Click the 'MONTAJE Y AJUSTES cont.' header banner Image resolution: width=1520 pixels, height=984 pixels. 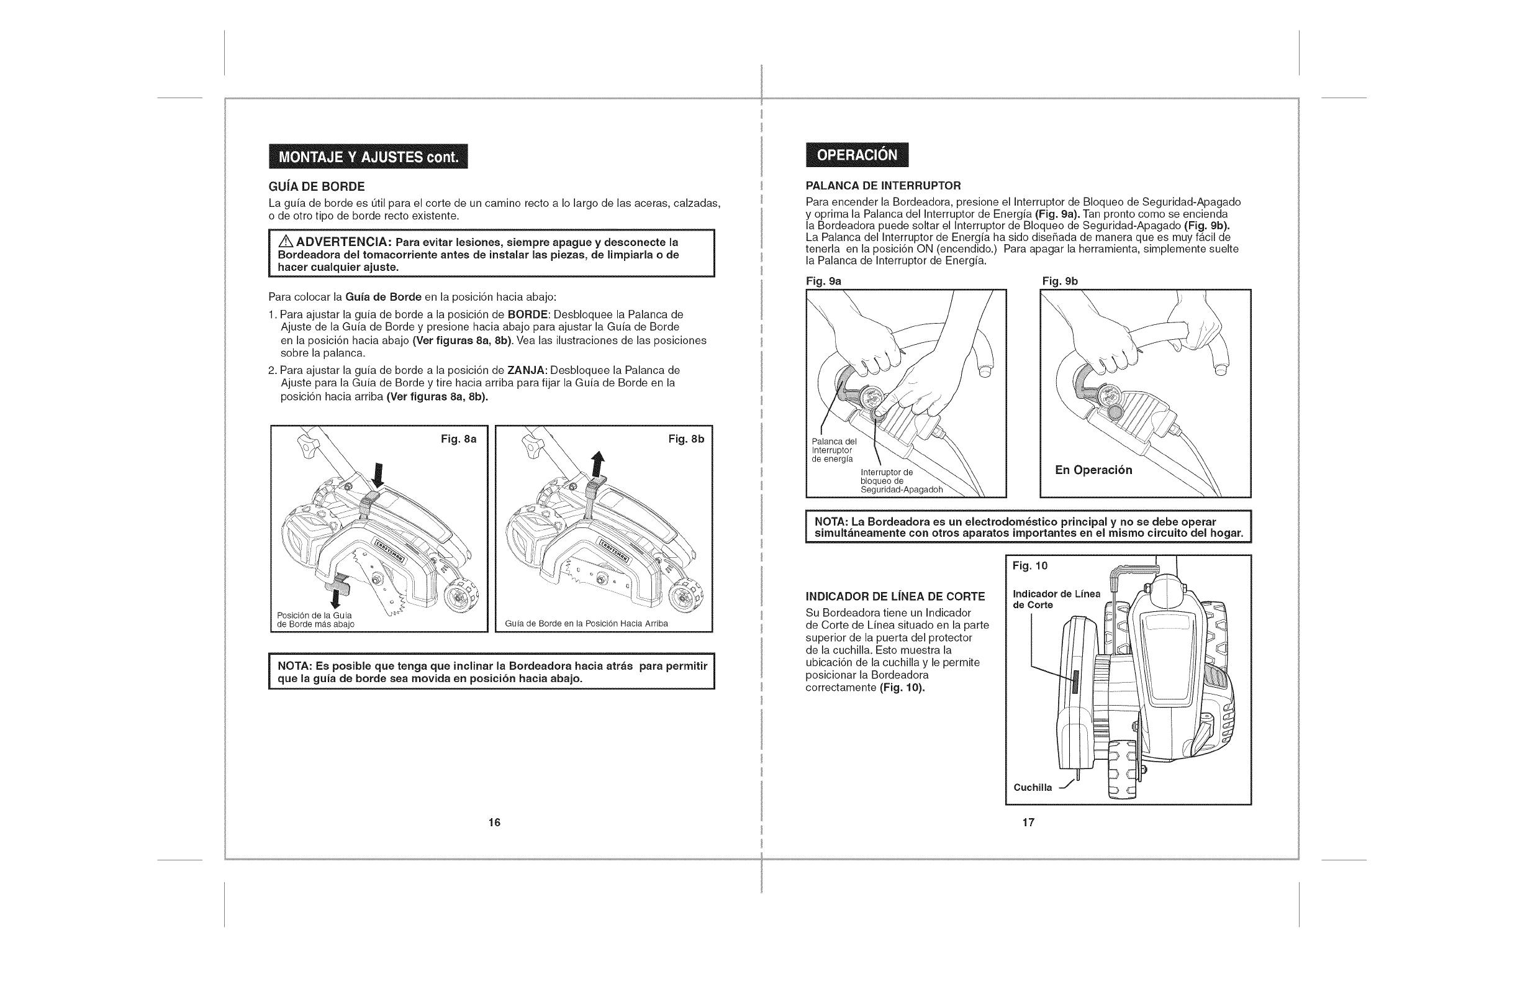[x=368, y=157]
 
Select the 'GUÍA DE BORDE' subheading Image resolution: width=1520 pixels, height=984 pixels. [x=317, y=186]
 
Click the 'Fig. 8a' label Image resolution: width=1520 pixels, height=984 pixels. [x=459, y=440]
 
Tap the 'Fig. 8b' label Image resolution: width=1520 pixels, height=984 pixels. [x=686, y=440]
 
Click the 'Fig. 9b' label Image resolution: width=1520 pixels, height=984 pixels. [x=1060, y=281]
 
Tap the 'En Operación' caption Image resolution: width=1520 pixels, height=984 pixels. [x=1093, y=470]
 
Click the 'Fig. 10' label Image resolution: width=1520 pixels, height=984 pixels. [x=1029, y=566]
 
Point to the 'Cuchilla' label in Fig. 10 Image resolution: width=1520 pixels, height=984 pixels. [x=1032, y=788]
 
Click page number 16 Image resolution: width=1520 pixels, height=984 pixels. [x=494, y=822]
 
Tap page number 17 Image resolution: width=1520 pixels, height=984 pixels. [x=1028, y=822]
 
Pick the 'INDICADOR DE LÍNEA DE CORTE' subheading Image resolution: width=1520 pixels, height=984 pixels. [x=895, y=597]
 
